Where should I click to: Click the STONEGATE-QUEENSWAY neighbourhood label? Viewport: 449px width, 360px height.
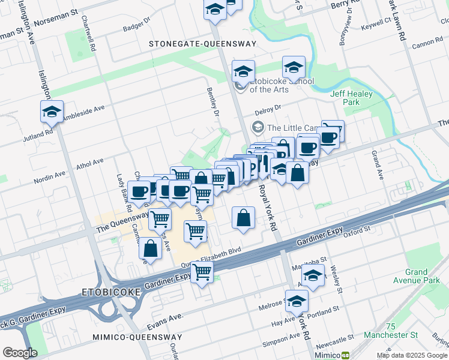(203, 44)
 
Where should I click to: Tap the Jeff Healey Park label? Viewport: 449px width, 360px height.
(351, 98)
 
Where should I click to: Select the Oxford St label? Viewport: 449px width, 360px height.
(357, 230)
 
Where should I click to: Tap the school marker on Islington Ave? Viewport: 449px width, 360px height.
(52, 112)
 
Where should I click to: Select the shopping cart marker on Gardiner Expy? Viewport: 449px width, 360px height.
(202, 272)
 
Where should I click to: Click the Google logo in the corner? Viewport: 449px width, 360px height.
(20, 353)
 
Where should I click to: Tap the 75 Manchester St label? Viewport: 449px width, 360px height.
(402, 330)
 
